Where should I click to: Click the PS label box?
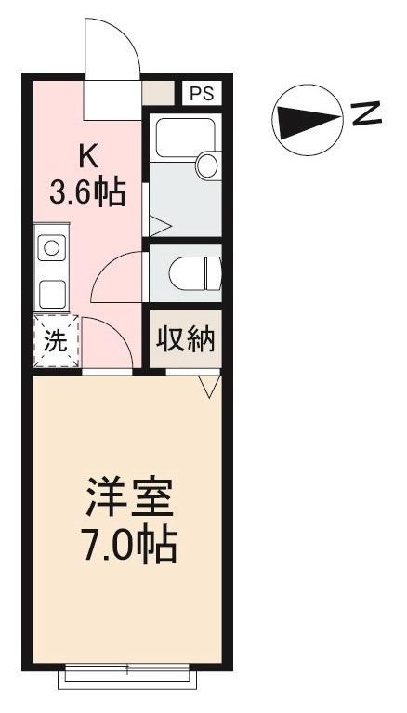[202, 93]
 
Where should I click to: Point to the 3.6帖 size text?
[87, 192]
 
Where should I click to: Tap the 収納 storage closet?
[186, 339]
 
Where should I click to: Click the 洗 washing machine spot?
[57, 340]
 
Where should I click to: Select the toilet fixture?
[195, 272]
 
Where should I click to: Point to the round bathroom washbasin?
[207, 165]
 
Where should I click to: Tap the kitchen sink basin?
[51, 248]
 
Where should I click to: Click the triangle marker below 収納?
[209, 385]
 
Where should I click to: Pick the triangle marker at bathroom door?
[160, 225]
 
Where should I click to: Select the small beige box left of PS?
[158, 93]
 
